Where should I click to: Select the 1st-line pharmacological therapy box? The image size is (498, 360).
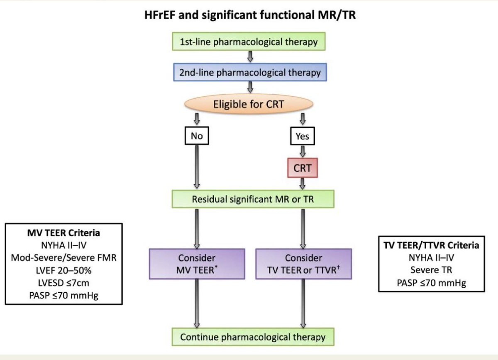[249, 42]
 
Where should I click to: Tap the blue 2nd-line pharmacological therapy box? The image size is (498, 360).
[250, 73]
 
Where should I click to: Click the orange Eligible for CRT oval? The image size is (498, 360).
[249, 104]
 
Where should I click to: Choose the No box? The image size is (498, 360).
[197, 136]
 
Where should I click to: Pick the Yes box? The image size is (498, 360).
[303, 136]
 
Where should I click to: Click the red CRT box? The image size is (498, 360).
[303, 168]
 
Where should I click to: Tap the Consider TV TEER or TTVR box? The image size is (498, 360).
[304, 263]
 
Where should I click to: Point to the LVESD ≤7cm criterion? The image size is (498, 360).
[63, 284]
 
